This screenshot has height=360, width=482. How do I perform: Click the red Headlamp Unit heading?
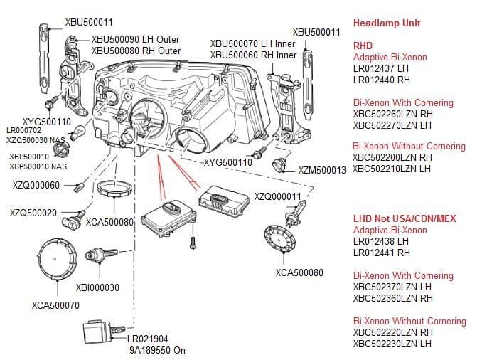coord(387,22)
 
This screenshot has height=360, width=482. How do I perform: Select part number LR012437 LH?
coord(382,68)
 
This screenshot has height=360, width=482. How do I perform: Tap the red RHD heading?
coord(363,46)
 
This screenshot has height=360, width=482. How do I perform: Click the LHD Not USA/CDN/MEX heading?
coord(405,219)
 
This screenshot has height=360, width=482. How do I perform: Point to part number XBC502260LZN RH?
coord(392,114)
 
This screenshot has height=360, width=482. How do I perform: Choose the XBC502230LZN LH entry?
coord(392,344)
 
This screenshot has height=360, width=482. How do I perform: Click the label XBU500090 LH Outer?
coord(136,39)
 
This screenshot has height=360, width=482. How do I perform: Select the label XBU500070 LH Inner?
coord(253,43)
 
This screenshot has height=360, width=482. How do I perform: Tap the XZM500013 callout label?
coord(321,169)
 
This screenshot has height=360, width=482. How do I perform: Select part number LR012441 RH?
coord(382,252)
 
